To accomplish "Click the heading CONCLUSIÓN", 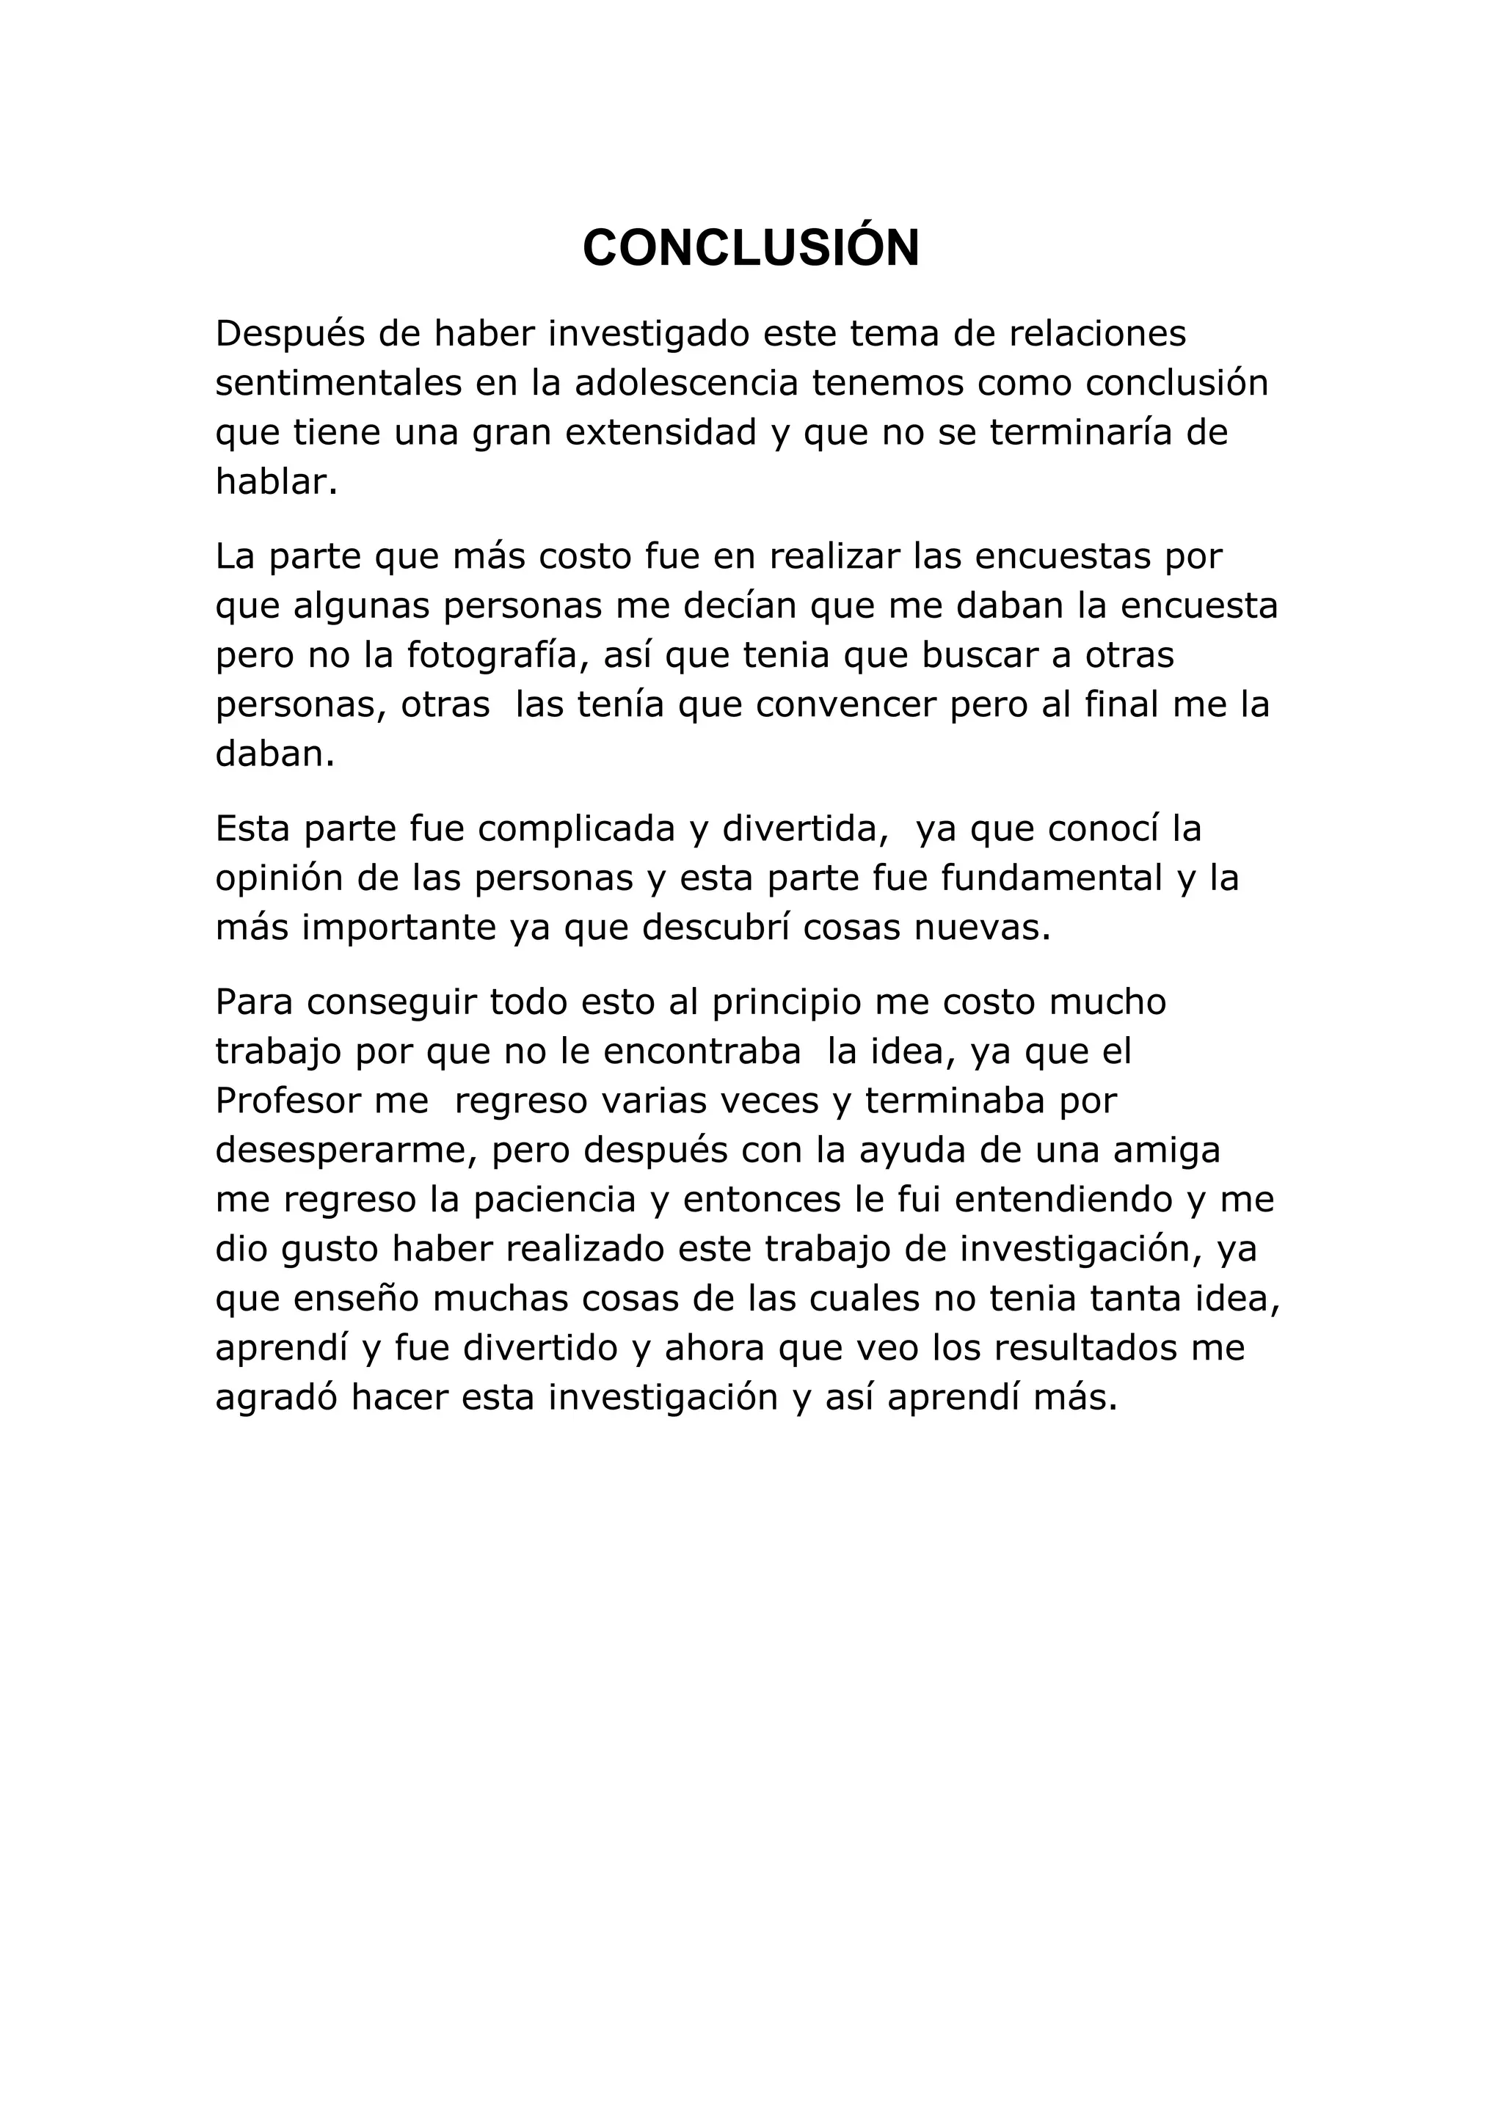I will tap(751, 248).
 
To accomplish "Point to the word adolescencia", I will tap(685, 383).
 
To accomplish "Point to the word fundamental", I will tap(1052, 878).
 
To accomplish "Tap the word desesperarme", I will tap(346, 1151).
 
